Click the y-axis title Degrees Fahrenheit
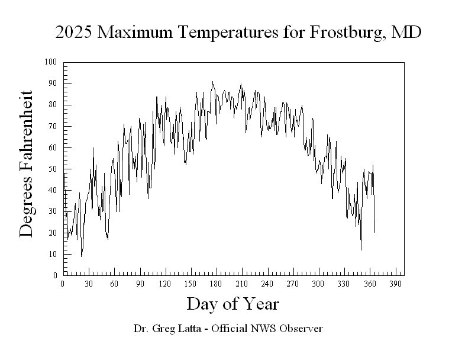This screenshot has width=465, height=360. coord(27,164)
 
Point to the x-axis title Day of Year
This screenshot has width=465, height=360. coord(233,304)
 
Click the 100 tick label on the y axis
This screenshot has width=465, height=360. coord(51,62)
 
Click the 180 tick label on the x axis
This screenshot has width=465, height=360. coord(216,284)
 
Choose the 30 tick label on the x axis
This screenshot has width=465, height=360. coord(88,284)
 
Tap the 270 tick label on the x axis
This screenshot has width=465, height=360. coord(293,284)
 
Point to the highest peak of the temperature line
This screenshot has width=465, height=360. coord(213,82)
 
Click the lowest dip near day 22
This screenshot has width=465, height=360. coord(81,256)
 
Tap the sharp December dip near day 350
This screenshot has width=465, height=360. coord(361,250)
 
